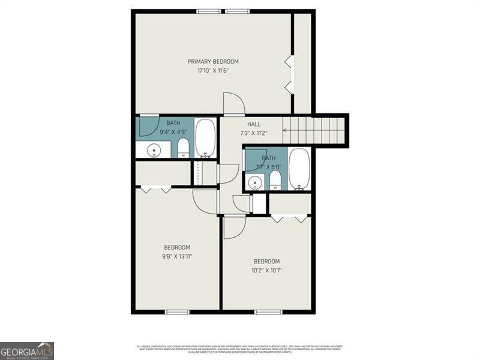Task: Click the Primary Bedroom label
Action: [213, 61]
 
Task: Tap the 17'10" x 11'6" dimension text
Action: [213, 71]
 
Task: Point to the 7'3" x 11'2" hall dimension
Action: [254, 133]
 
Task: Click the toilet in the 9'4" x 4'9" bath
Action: [184, 147]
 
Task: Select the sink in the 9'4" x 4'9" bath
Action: [154, 150]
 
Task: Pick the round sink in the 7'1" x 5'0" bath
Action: [255, 182]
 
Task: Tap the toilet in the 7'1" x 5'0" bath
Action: [275, 180]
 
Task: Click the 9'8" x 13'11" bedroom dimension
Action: [177, 256]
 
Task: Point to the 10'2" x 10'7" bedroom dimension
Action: [266, 270]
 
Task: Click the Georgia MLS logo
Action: [27, 350]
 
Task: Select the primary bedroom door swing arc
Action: [233, 103]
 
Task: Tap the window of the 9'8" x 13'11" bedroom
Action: [177, 311]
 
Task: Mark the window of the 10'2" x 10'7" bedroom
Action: [268, 311]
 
